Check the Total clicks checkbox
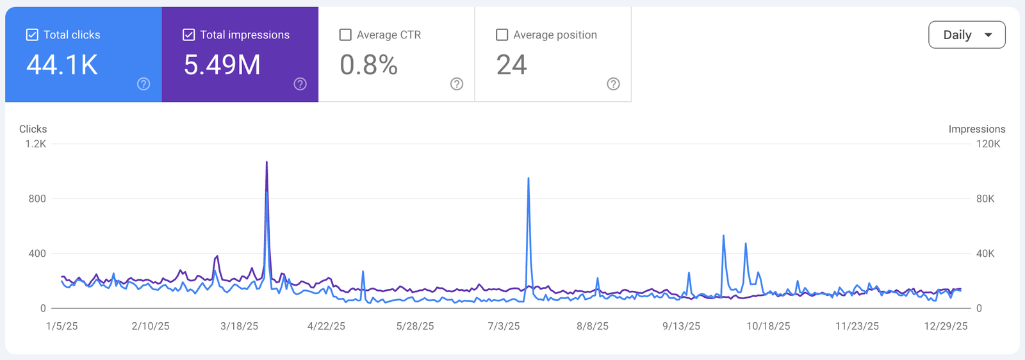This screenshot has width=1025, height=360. pyautogui.click(x=32, y=35)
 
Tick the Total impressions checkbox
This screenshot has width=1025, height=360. pyautogui.click(x=188, y=35)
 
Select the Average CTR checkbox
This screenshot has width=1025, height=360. pyautogui.click(x=345, y=35)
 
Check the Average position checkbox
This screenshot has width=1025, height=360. pyautogui.click(x=502, y=35)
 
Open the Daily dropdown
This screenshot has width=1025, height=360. pyautogui.click(x=967, y=35)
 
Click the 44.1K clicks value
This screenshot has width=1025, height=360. pyautogui.click(x=62, y=65)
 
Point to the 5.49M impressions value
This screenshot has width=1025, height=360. pyautogui.click(x=222, y=65)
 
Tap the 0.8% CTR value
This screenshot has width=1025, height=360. pyautogui.click(x=368, y=65)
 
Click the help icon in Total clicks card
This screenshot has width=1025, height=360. pyautogui.click(x=143, y=84)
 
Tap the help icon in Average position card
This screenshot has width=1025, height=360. pyautogui.click(x=613, y=84)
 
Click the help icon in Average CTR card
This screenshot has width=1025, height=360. pyautogui.click(x=457, y=84)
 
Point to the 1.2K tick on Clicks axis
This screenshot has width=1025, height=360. pyautogui.click(x=36, y=144)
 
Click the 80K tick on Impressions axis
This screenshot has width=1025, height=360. pyautogui.click(x=985, y=199)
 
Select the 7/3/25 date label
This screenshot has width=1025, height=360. pyautogui.click(x=504, y=326)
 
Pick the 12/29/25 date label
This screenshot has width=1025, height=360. pyautogui.click(x=946, y=326)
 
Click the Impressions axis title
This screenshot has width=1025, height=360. pyautogui.click(x=976, y=129)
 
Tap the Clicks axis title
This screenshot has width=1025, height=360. pyautogui.click(x=33, y=129)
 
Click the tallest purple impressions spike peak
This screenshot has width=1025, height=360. pyautogui.click(x=266, y=162)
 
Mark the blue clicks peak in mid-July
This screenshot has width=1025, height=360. pyautogui.click(x=529, y=179)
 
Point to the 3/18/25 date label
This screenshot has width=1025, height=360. pyautogui.click(x=239, y=326)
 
